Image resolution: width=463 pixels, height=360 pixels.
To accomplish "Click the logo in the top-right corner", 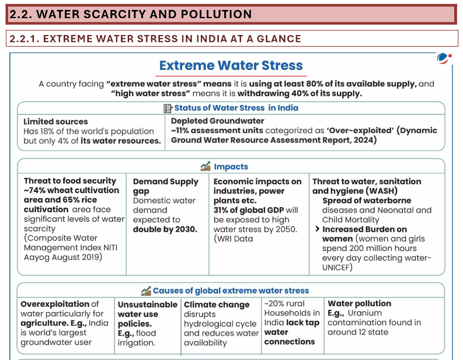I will [x=444, y=58].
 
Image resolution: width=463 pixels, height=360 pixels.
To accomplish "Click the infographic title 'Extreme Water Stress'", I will [x=231, y=65].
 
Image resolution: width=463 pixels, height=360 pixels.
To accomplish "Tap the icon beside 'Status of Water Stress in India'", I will [x=168, y=108].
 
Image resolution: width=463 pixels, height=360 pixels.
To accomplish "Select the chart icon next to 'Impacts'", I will [x=205, y=167].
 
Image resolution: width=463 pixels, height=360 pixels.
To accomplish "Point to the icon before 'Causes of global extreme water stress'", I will [x=146, y=291].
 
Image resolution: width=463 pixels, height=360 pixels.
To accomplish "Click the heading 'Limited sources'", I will [x=55, y=121].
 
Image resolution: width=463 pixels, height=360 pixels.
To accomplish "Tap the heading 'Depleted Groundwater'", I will [x=217, y=121].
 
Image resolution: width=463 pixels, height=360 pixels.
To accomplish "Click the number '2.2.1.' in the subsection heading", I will [x=24, y=39].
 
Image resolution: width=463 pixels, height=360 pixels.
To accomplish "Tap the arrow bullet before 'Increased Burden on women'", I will [x=317, y=229].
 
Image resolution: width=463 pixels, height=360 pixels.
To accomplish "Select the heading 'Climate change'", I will [x=217, y=305].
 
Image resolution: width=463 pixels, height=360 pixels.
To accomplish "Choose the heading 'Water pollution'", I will [x=359, y=303].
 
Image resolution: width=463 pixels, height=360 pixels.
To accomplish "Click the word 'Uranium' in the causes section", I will [x=365, y=313].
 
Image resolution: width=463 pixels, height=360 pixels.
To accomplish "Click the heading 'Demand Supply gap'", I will [x=165, y=186].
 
